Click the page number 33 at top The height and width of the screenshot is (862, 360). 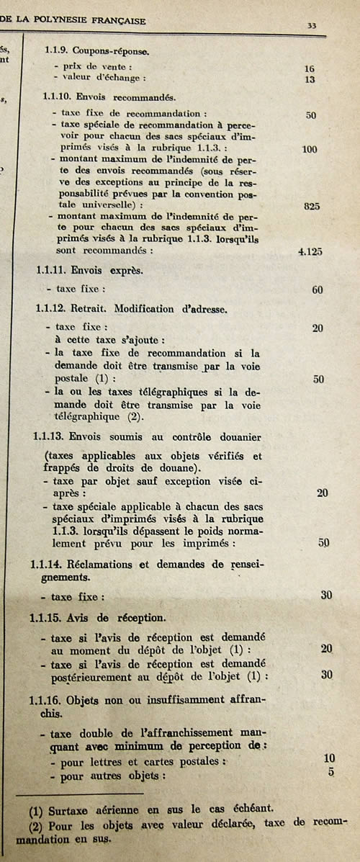click(312, 25)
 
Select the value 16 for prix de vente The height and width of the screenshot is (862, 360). click(310, 69)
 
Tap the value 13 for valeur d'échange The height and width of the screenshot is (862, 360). click(310, 80)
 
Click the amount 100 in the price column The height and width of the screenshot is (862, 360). click(310, 149)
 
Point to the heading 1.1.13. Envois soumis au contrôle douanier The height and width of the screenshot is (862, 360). click(148, 437)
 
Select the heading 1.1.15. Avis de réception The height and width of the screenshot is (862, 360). click(97, 617)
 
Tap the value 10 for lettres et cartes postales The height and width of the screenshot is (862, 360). click(329, 758)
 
